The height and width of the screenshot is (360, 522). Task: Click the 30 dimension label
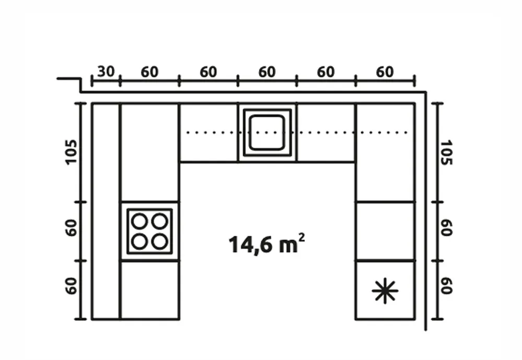coord(106,71)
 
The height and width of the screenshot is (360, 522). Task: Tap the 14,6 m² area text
coord(266,244)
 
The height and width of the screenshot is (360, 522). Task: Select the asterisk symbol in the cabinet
coord(385,291)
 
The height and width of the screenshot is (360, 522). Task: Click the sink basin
coord(267,132)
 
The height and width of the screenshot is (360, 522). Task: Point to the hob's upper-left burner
coord(139,221)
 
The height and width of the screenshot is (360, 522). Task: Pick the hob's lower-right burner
coord(160,242)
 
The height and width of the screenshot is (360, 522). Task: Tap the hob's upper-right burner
coord(160,221)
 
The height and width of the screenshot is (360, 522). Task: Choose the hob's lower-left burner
coord(139,242)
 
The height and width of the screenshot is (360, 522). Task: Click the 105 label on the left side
coord(71,152)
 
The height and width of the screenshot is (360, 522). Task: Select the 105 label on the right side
coord(446,152)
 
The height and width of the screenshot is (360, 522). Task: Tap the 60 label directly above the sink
coord(267,72)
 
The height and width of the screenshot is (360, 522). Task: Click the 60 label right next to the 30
coord(149,72)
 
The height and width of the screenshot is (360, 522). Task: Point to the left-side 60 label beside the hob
coord(71,228)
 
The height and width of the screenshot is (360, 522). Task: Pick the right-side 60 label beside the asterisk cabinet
coord(446,285)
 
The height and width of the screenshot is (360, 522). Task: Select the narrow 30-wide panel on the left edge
coord(106,211)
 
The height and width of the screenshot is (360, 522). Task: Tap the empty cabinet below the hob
coord(150,290)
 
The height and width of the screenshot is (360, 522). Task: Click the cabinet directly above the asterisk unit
coord(385,231)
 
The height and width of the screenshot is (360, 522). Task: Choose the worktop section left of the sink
coord(209,133)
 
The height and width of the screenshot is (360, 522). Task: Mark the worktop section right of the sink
coord(326,133)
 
